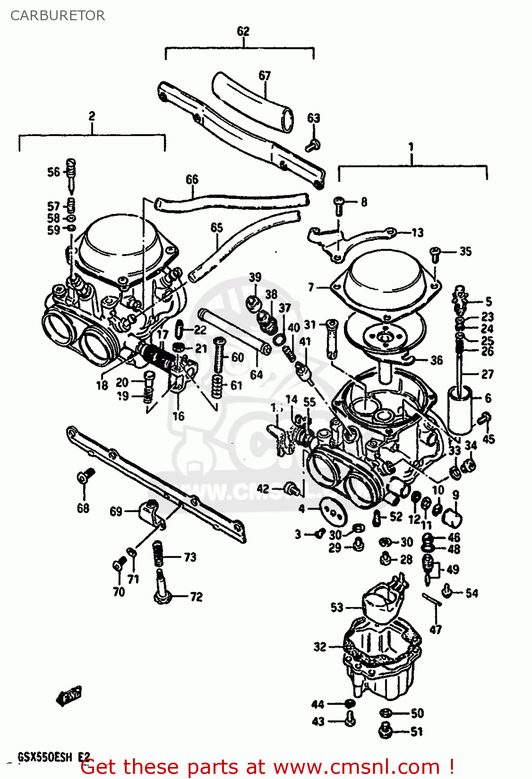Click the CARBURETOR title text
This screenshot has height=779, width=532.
pyautogui.click(x=58, y=16)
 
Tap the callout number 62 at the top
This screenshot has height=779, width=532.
pyautogui.click(x=243, y=31)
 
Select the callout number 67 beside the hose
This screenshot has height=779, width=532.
pyautogui.click(x=265, y=75)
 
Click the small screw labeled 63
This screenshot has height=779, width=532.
pyautogui.click(x=313, y=145)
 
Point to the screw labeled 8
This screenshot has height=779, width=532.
pyautogui.click(x=339, y=205)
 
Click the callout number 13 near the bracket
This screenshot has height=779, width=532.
pyautogui.click(x=417, y=233)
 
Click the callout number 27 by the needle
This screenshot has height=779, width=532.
pyautogui.click(x=487, y=374)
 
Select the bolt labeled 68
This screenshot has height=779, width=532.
pyautogui.click(x=85, y=476)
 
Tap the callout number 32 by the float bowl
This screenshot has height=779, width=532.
pyautogui.click(x=320, y=647)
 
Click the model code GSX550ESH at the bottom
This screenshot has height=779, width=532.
pyautogui.click(x=45, y=757)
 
